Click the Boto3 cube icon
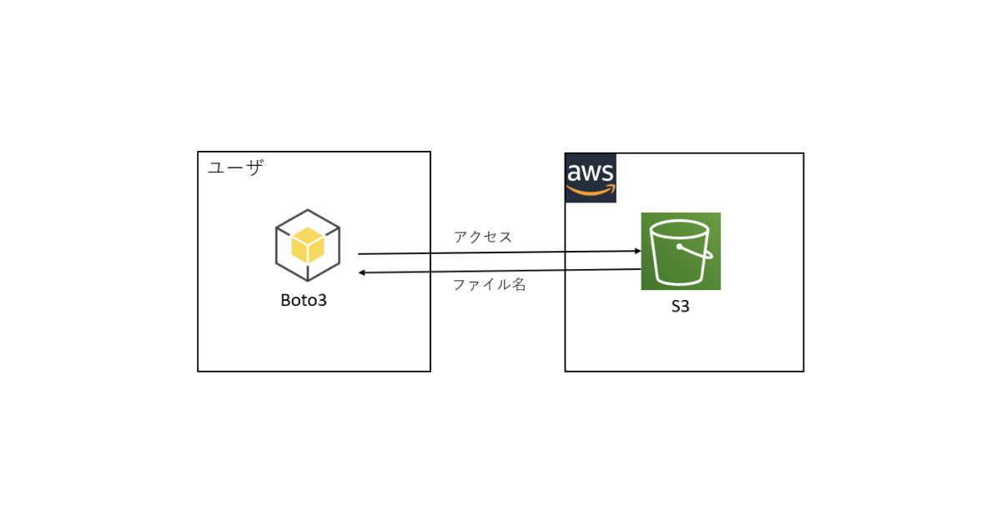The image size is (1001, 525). click(307, 246)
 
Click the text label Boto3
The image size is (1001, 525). click(303, 301)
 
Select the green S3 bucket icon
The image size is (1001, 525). click(681, 251)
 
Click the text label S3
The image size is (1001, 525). click(681, 307)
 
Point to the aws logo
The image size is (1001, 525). click(591, 178)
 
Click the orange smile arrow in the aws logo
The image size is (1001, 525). click(591, 192)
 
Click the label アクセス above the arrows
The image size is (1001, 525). click(482, 237)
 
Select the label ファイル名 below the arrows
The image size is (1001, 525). click(489, 284)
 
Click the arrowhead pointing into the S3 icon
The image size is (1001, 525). click(636, 251)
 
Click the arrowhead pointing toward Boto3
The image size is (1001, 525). click(363, 272)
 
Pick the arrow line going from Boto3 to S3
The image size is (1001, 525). click(500, 252)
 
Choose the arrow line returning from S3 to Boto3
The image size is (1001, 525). click(500, 271)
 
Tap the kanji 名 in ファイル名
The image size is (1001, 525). click(519, 284)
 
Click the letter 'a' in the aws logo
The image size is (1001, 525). click(575, 173)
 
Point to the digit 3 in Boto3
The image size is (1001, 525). click(322, 301)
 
